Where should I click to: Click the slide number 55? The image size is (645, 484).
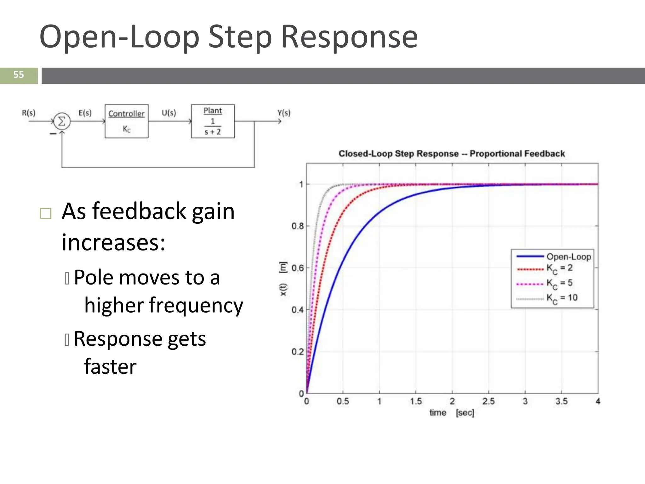click(19, 75)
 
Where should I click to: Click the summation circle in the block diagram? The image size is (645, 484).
click(62, 121)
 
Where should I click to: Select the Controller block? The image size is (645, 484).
click(126, 121)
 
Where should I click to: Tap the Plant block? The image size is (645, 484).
click(213, 121)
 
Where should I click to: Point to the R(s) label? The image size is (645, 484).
click(29, 113)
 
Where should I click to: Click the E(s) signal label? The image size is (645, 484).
click(85, 113)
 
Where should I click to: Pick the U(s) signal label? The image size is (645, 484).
click(169, 113)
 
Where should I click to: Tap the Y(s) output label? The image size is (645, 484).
click(284, 113)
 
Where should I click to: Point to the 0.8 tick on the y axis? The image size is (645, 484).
click(297, 226)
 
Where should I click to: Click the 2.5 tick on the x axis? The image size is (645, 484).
click(488, 401)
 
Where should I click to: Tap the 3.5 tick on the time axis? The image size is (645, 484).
click(562, 401)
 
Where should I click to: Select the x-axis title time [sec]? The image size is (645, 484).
click(452, 412)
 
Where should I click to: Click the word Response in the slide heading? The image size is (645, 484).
click(349, 37)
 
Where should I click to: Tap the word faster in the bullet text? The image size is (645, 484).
click(110, 366)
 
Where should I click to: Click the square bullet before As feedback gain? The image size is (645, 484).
click(46, 213)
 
